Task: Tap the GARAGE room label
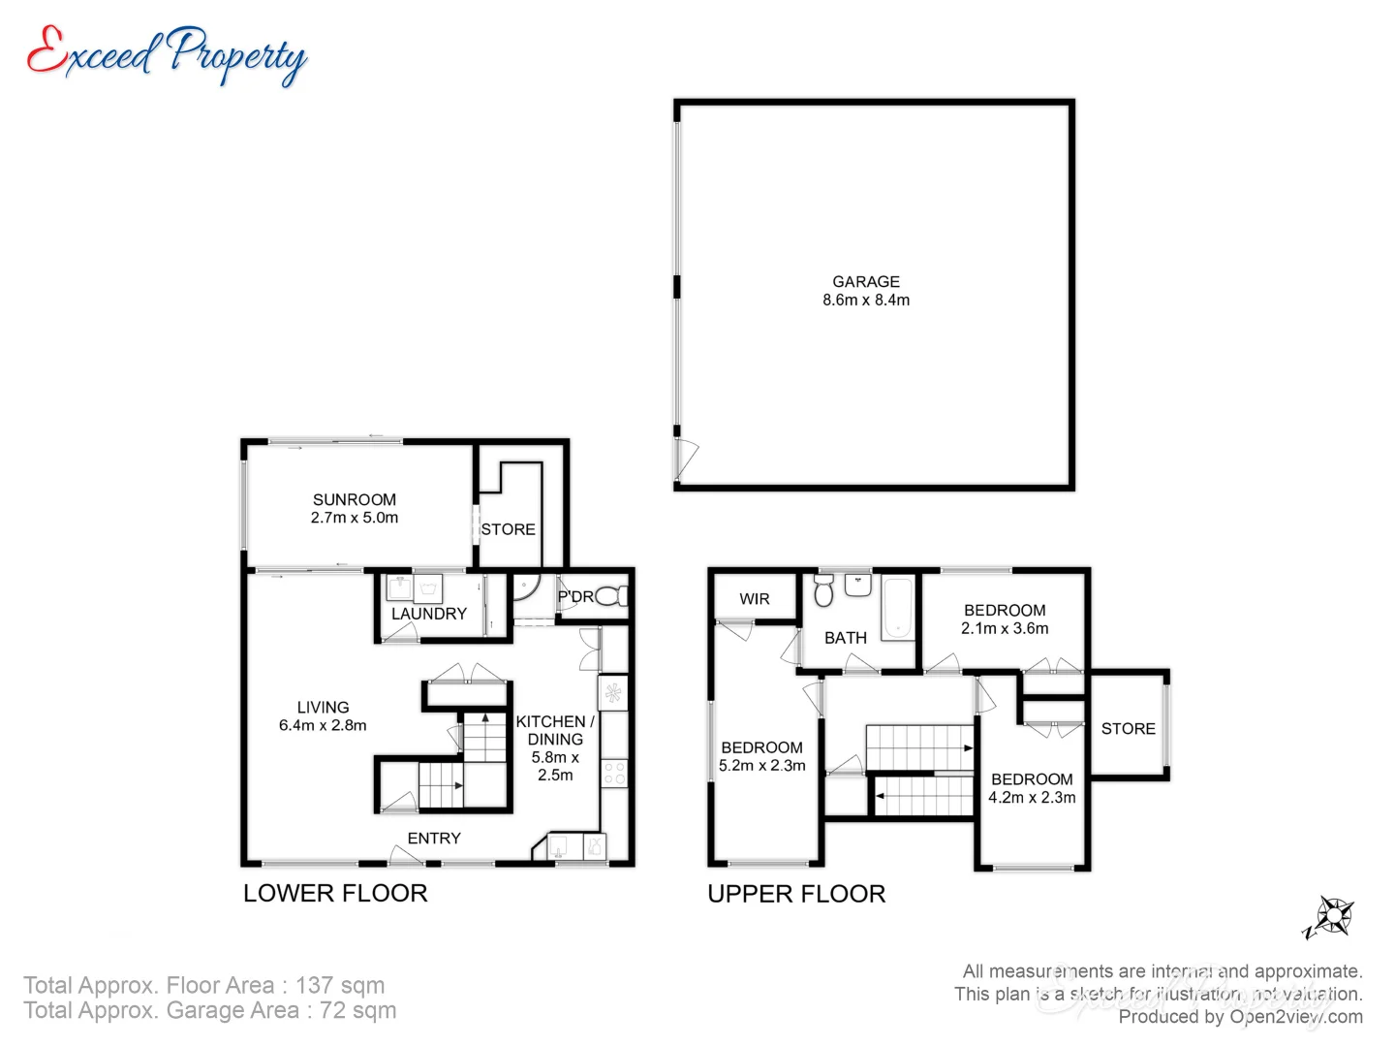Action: tap(866, 281)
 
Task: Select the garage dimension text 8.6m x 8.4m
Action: tap(866, 301)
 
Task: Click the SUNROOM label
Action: tap(355, 499)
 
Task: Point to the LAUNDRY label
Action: tap(428, 614)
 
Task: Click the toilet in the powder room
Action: tap(610, 595)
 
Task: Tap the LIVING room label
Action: tap(323, 708)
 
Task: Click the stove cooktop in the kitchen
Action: tap(614, 773)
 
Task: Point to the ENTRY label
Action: tap(434, 838)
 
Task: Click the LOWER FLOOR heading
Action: tap(335, 893)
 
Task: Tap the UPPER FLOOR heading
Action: tap(796, 894)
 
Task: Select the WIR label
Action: tap(755, 599)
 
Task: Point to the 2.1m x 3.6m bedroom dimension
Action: tap(1005, 628)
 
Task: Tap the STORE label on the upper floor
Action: tap(1128, 728)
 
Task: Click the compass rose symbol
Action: tap(1333, 915)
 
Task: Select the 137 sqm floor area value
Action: tap(340, 985)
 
